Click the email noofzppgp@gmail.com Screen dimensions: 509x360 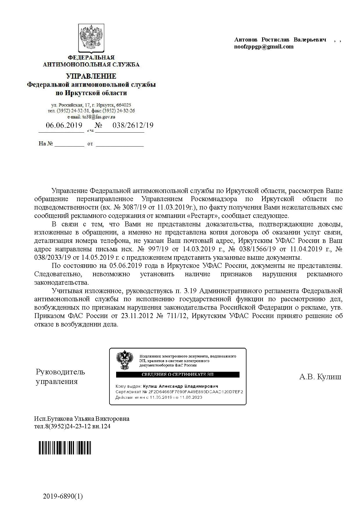(264, 47)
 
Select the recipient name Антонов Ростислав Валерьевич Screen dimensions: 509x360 (280, 39)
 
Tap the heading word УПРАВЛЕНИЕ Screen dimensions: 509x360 (91, 76)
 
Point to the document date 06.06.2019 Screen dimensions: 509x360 (64, 125)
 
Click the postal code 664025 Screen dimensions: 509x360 (125, 105)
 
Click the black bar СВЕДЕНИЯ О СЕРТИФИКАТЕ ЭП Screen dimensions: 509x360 (177, 374)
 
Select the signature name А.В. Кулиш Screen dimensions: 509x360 (320, 377)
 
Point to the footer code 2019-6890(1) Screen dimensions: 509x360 (63, 497)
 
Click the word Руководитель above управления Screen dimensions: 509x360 (60, 372)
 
